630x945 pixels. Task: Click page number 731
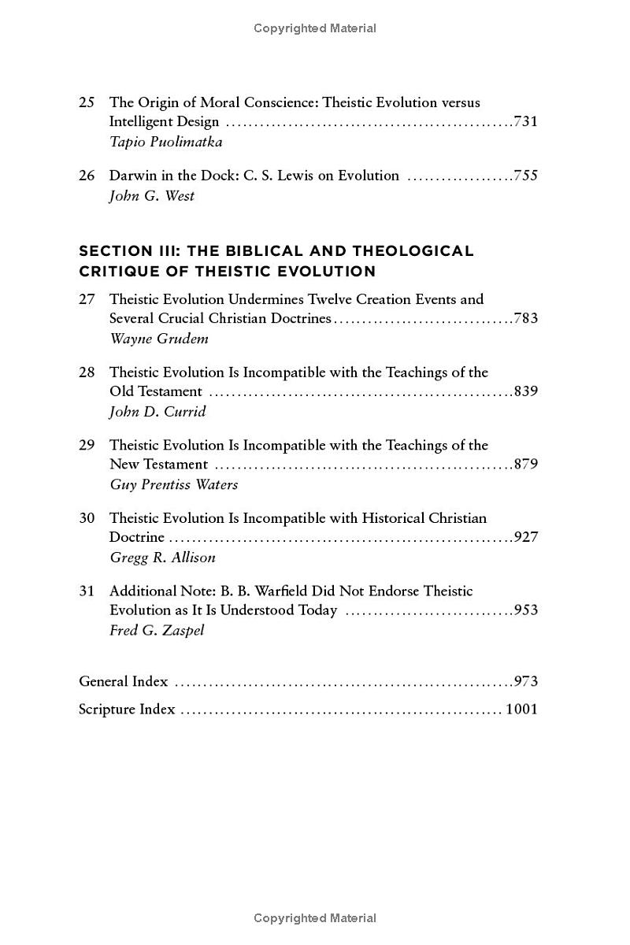(525, 122)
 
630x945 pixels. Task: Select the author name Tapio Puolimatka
(165, 142)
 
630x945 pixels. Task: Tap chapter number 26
(87, 176)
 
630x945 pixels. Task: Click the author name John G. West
(151, 196)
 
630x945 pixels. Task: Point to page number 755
(525, 176)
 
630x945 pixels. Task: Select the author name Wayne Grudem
(158, 339)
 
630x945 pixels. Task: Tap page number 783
(525, 319)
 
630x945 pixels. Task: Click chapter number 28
(87, 372)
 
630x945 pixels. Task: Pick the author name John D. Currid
(157, 412)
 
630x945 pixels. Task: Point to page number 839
(525, 391)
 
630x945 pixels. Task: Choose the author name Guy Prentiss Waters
(173, 484)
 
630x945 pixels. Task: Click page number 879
(525, 465)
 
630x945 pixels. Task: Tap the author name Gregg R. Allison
(162, 558)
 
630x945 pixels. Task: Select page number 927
(525, 537)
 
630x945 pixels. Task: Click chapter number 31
(87, 591)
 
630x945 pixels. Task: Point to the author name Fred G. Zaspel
(156, 630)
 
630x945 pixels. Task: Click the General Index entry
(124, 681)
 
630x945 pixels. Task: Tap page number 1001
(521, 709)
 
